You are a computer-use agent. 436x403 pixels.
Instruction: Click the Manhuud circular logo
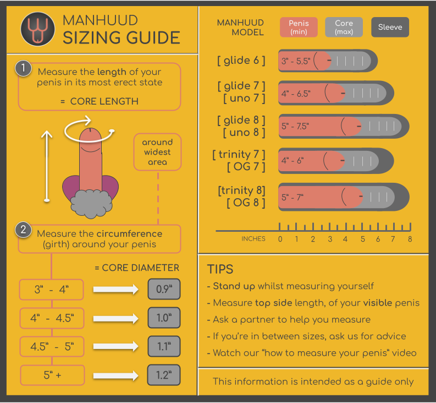pyautogui.click(x=38, y=29)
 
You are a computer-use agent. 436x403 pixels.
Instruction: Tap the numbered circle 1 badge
pyautogui.click(x=23, y=68)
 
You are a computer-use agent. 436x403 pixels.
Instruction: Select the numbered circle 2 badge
pyautogui.click(x=23, y=230)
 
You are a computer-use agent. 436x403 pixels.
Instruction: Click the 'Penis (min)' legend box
pyautogui.click(x=299, y=27)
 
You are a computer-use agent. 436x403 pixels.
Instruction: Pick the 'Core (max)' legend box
pyautogui.click(x=344, y=27)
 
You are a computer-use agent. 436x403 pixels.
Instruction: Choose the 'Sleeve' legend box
pyautogui.click(x=390, y=27)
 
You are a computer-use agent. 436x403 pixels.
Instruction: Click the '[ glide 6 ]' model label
pyautogui.click(x=241, y=60)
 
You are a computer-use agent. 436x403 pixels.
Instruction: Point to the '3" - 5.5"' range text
pyautogui.click(x=296, y=61)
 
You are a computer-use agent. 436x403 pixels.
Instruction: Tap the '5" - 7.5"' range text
pyautogui.click(x=295, y=126)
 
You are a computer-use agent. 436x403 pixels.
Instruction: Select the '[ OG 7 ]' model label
pyautogui.click(x=246, y=167)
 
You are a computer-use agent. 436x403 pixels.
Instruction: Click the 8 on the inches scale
pyautogui.click(x=410, y=239)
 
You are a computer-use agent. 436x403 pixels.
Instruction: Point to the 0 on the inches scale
pyautogui.click(x=280, y=239)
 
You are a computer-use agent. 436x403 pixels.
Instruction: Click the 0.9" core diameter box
pyautogui.click(x=164, y=289)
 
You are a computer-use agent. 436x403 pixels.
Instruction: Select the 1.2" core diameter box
pyautogui.click(x=164, y=375)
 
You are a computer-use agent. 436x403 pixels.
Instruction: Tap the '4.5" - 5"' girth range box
pyautogui.click(x=52, y=346)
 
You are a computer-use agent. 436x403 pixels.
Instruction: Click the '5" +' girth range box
pyautogui.click(x=52, y=375)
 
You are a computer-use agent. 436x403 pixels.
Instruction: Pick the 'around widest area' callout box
pyautogui.click(x=157, y=152)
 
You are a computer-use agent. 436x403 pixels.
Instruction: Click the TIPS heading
pyautogui.click(x=220, y=269)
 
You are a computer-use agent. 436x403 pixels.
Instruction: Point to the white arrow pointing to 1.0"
pyautogui.click(x=115, y=318)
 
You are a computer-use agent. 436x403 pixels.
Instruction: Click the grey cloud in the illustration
pyautogui.click(x=91, y=204)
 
